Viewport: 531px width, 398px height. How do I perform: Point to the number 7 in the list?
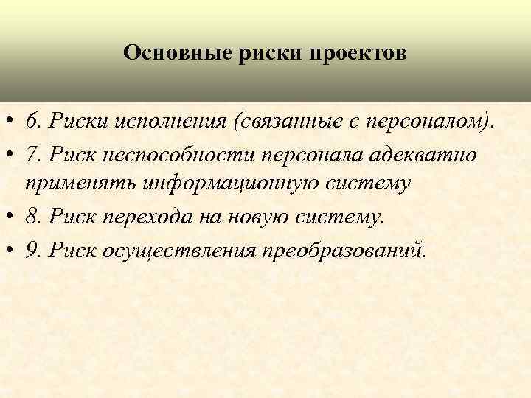coord(30,155)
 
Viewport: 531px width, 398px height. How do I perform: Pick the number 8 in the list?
coord(30,217)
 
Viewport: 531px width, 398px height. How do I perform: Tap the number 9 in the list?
coord(30,251)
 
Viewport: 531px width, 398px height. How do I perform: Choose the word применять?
coord(70,184)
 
